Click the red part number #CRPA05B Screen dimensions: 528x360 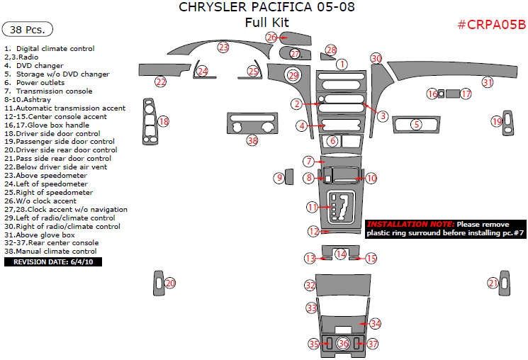coord(492,25)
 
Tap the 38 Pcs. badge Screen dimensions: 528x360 coord(28,29)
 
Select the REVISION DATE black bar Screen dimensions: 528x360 coord(53,261)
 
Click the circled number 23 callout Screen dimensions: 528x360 coord(223,47)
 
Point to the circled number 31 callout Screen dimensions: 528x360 coord(488,81)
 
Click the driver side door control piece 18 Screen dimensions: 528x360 coord(150,122)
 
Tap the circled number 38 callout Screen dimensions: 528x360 coord(252,140)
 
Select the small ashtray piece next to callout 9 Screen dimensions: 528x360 coord(289,176)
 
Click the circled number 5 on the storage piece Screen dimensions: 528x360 coord(417,125)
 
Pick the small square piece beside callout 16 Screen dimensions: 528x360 coord(441,94)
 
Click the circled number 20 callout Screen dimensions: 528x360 coord(170,283)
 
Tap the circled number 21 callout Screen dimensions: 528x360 coord(493,283)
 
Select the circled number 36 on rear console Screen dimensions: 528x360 coord(343,343)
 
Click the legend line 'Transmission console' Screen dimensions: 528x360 coord(48,91)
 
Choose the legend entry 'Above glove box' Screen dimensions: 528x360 coord(40,235)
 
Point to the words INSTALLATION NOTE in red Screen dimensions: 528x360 coord(410,224)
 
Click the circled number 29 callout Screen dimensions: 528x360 coord(293,75)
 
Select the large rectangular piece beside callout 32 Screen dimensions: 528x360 coord(343,285)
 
